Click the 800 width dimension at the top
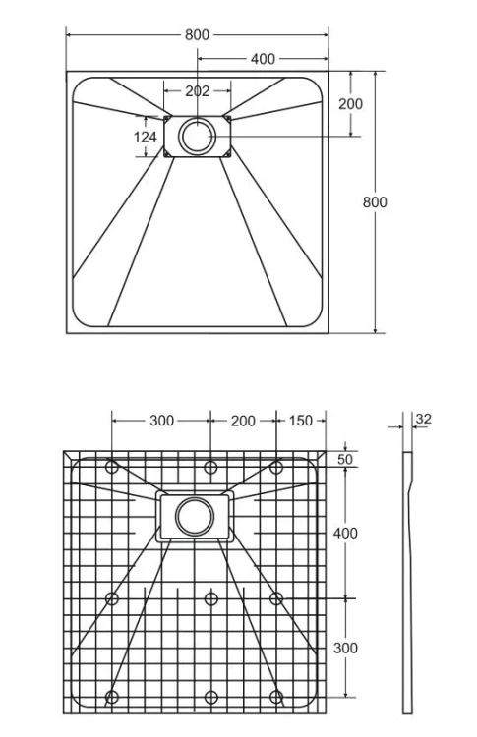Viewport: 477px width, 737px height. [x=197, y=34]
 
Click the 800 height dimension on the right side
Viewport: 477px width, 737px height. [x=375, y=202]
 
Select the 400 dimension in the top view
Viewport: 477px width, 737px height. [x=263, y=59]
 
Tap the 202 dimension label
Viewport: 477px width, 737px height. [x=197, y=90]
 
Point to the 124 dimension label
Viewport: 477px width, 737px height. [x=146, y=137]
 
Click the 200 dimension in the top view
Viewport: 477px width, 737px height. [x=350, y=104]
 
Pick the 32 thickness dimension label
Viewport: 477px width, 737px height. [x=423, y=419]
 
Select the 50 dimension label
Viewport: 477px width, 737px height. [x=345, y=459]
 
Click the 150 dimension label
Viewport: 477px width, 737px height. [x=300, y=421]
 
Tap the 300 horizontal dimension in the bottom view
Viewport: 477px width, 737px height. [x=162, y=421]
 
